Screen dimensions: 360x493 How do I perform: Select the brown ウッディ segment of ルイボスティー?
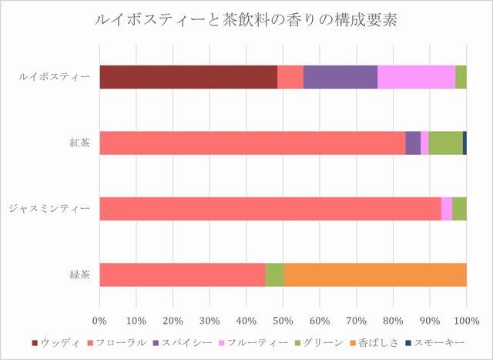(188, 77)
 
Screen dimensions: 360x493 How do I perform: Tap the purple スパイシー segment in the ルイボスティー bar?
(340, 77)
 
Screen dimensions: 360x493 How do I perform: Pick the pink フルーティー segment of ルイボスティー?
(416, 77)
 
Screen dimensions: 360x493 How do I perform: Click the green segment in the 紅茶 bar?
(445, 143)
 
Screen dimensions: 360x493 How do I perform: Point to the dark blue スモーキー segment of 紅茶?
(464, 143)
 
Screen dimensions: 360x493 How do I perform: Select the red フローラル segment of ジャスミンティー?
(270, 208)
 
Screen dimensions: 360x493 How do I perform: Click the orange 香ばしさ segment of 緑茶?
(375, 274)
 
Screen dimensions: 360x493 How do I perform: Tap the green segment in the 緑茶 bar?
(274, 274)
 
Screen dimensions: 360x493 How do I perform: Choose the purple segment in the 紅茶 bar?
(413, 143)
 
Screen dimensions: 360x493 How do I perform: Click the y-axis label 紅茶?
(79, 143)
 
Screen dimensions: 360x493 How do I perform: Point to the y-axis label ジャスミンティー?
(50, 208)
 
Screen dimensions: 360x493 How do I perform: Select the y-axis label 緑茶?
(79, 274)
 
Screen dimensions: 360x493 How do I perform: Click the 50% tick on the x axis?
(283, 320)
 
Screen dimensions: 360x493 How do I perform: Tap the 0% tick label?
(99, 320)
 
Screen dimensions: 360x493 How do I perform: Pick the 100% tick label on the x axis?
(466, 320)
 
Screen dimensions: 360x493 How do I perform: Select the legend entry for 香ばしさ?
(375, 341)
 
